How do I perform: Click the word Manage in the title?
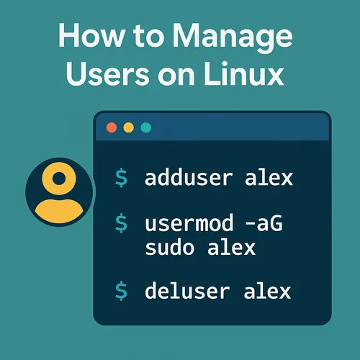[233, 37]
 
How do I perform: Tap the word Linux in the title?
[244, 74]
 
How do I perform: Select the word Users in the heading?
[108, 74]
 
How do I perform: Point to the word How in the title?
[91, 35]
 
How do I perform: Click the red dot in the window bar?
[112, 127]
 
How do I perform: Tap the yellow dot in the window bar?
[129, 127]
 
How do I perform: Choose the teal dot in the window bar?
[146, 127]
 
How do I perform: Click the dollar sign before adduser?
[121, 178]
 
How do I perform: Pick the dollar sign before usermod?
[121, 223]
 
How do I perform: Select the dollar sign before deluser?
[121, 291]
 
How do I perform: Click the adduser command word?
[189, 178]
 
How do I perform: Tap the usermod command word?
[189, 223]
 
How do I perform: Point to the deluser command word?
[187, 290]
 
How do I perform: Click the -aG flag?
[264, 224]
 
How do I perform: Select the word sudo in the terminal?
[170, 247]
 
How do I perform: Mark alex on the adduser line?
[269, 178]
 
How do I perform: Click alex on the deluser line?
[267, 290]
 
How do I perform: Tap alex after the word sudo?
[231, 247]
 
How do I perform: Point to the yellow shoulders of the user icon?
[59, 211]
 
